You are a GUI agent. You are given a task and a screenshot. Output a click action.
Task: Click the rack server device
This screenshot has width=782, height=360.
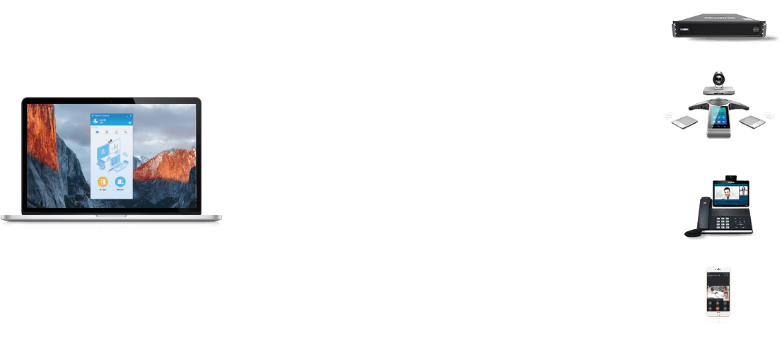718,28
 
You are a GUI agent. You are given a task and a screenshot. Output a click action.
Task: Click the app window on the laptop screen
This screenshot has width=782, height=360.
110,154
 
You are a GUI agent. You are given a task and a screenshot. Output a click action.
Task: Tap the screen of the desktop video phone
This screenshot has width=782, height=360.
731,193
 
